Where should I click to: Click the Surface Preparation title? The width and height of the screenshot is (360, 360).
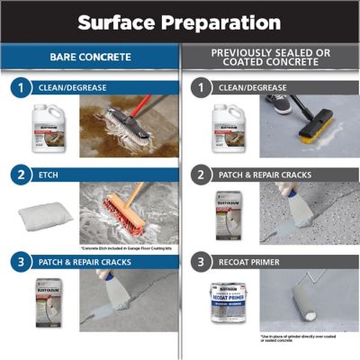(179, 21)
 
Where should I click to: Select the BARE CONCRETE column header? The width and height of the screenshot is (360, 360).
(89, 58)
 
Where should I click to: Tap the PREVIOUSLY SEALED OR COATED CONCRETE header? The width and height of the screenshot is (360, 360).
(270, 58)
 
